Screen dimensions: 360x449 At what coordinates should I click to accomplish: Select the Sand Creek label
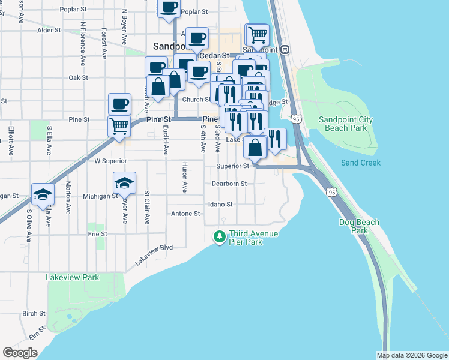coord(360,163)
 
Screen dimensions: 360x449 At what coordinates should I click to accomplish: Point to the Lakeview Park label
coord(73,277)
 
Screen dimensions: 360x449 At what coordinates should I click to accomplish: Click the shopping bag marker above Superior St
coord(255,147)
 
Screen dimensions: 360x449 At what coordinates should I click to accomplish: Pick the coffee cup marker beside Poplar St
coord(169,7)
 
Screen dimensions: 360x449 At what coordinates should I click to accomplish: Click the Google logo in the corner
coord(20,353)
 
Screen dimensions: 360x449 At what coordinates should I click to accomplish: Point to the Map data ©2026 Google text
coord(412,355)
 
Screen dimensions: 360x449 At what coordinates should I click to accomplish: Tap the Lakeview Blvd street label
coord(154,254)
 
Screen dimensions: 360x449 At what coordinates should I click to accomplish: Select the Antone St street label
coord(185,213)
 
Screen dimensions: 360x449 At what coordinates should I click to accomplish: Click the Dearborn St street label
coord(229,184)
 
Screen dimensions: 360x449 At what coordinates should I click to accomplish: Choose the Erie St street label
coord(97,233)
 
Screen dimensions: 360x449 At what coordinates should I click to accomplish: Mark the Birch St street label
coord(34,313)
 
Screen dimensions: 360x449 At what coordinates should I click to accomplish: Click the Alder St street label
coord(49,29)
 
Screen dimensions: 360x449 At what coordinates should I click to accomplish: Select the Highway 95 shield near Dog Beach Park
coord(332,192)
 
